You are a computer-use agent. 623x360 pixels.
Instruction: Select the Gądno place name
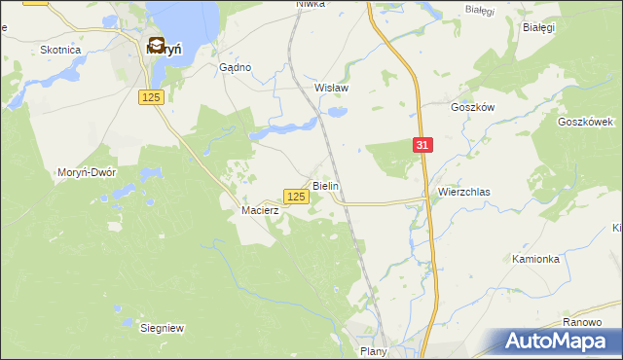236,67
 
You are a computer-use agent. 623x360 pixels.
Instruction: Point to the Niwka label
310,5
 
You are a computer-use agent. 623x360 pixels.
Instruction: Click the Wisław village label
331,87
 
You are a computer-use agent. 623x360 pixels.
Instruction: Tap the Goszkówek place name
584,122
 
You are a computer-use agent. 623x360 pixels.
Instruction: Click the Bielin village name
325,184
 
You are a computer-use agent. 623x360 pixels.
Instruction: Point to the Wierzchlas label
463,193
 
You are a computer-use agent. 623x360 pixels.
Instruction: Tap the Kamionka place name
535,259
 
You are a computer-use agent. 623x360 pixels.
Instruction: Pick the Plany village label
373,351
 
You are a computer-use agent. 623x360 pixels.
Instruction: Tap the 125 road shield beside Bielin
297,197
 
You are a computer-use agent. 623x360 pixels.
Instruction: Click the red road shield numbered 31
421,145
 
